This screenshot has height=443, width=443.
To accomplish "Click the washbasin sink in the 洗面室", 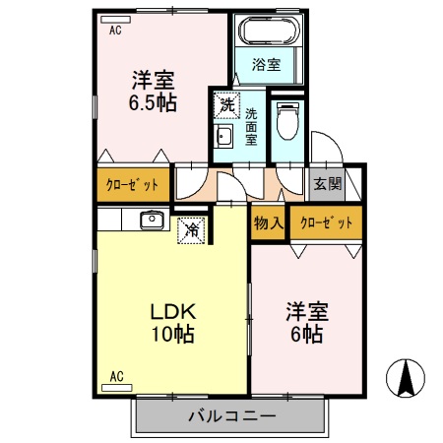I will pos(222,138).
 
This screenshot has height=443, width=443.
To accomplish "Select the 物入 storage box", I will pos(269,222).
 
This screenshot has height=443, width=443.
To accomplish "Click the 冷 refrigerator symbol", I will pos(190,229).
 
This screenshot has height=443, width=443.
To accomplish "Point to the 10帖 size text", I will pos(172,334).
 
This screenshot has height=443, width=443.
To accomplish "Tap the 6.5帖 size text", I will pos(153,101).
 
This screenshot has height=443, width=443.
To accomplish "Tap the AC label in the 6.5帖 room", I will pos(115,31).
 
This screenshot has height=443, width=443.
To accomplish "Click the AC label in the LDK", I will pos(116,376).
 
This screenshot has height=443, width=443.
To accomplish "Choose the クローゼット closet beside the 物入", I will pos(326,222).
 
